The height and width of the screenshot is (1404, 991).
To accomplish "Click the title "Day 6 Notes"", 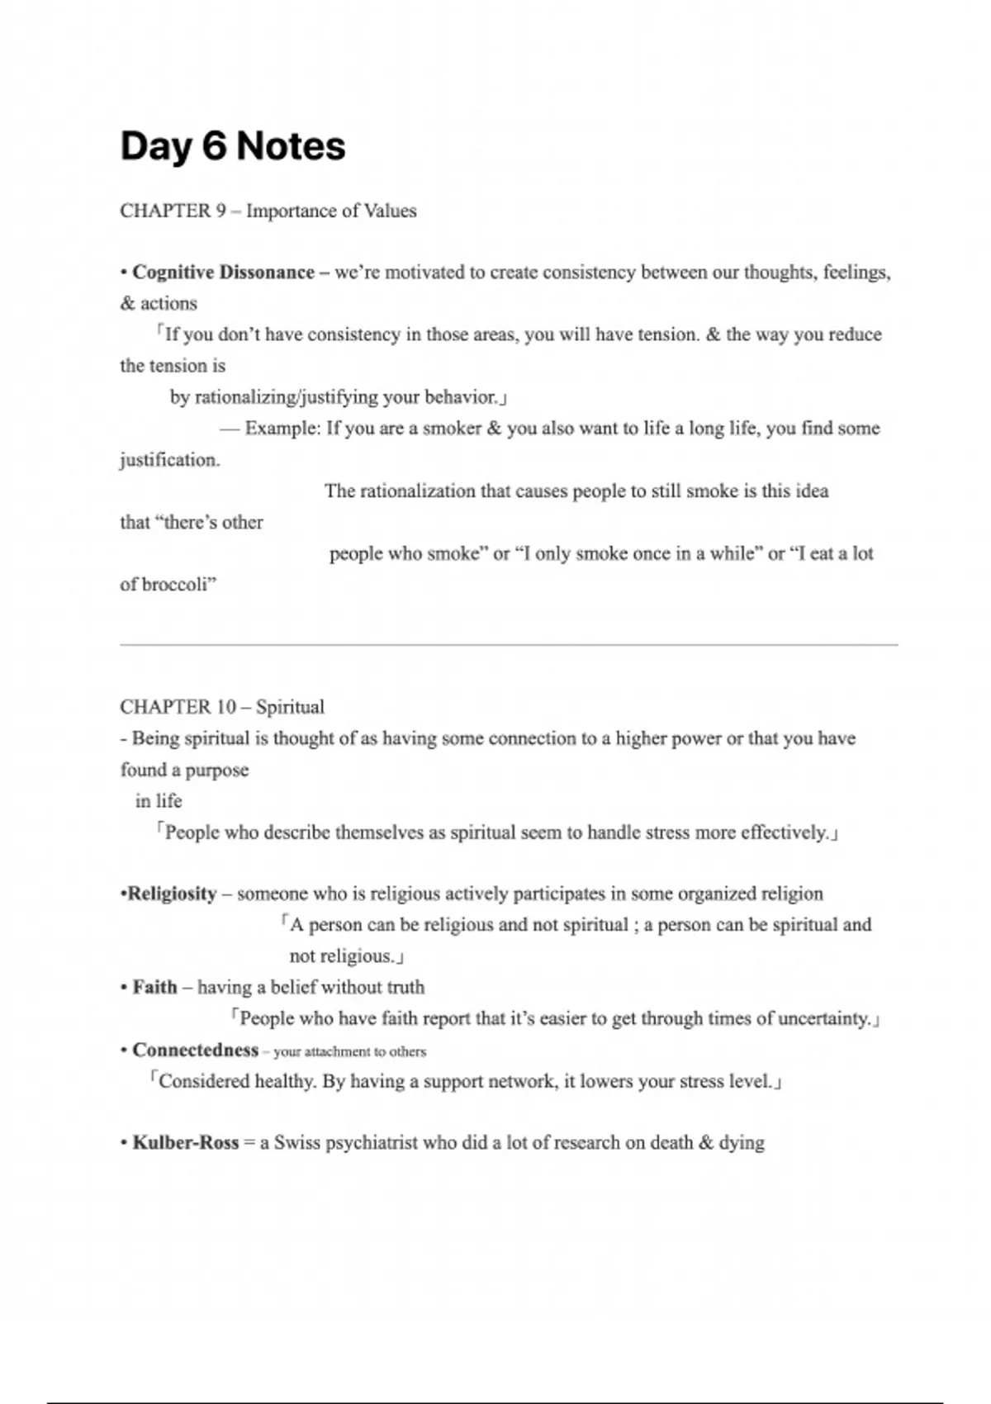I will pyautogui.click(x=232, y=147).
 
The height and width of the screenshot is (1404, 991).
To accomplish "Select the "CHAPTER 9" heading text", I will pyautogui.click(x=173, y=211).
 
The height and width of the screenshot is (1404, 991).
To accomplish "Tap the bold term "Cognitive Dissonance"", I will pyautogui.click(x=223, y=273).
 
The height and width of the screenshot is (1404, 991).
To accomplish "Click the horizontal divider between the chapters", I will pyautogui.click(x=509, y=644).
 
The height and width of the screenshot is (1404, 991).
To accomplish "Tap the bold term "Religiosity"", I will pyautogui.click(x=171, y=894).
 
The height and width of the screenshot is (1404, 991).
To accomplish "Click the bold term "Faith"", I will pyautogui.click(x=154, y=987).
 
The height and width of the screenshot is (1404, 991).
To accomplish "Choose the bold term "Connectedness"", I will pyautogui.click(x=195, y=1050).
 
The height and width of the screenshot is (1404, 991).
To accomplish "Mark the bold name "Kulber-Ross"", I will pyautogui.click(x=185, y=1143).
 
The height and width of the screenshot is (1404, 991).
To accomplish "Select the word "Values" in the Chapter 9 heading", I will pyautogui.click(x=391, y=211).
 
